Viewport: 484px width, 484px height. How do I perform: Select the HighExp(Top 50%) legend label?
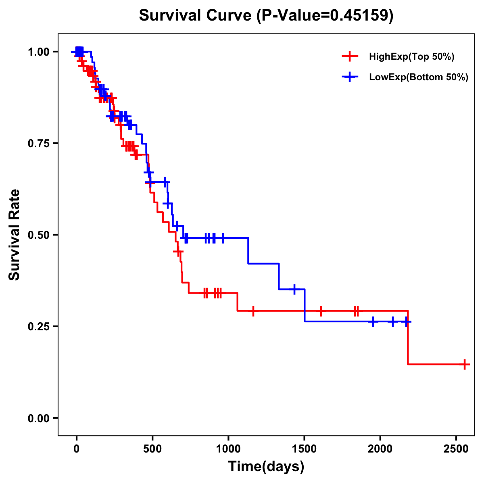(x=411, y=57)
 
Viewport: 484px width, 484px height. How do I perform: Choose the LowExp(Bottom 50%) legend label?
(x=419, y=77)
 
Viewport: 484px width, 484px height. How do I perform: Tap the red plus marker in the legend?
(x=350, y=56)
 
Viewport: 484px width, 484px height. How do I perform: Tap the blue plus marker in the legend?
(x=350, y=77)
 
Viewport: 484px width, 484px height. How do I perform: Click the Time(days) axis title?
(x=266, y=467)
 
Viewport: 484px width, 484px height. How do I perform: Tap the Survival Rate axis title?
(x=15, y=235)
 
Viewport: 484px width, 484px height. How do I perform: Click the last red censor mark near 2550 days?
(x=465, y=364)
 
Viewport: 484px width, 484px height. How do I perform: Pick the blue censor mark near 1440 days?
(x=294, y=289)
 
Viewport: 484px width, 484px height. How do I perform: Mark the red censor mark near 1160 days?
(x=253, y=311)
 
